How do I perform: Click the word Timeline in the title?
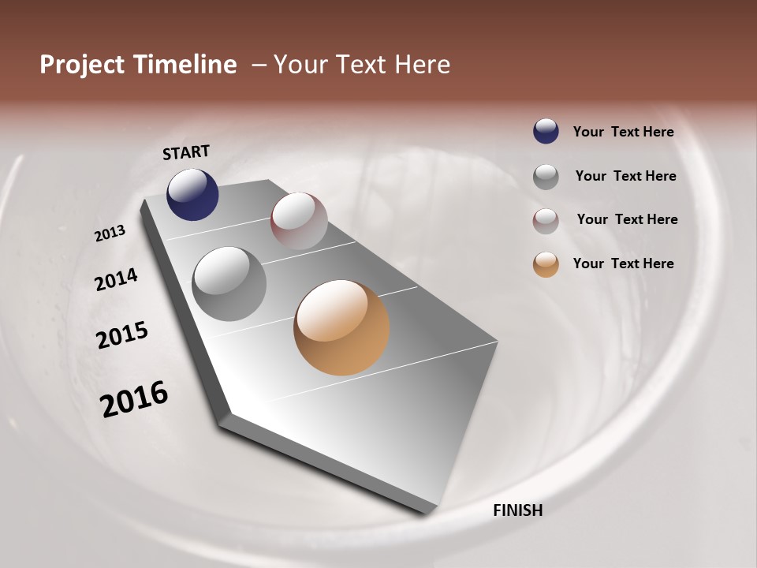click(187, 65)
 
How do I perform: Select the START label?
click(186, 152)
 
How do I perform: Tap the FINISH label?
click(518, 510)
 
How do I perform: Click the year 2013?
click(110, 234)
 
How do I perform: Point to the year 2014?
click(116, 279)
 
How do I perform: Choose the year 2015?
click(122, 335)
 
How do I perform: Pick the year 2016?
click(134, 399)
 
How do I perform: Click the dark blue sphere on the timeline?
click(192, 194)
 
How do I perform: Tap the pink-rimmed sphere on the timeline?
click(299, 220)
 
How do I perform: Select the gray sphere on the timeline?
click(229, 283)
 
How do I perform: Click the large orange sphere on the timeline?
click(341, 327)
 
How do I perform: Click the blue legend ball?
click(546, 132)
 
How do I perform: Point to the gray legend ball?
click(546, 177)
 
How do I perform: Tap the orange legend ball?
click(546, 264)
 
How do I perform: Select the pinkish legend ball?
click(546, 221)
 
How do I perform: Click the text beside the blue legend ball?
click(623, 133)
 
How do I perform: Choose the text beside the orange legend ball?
click(623, 263)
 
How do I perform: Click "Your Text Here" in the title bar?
click(361, 65)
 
